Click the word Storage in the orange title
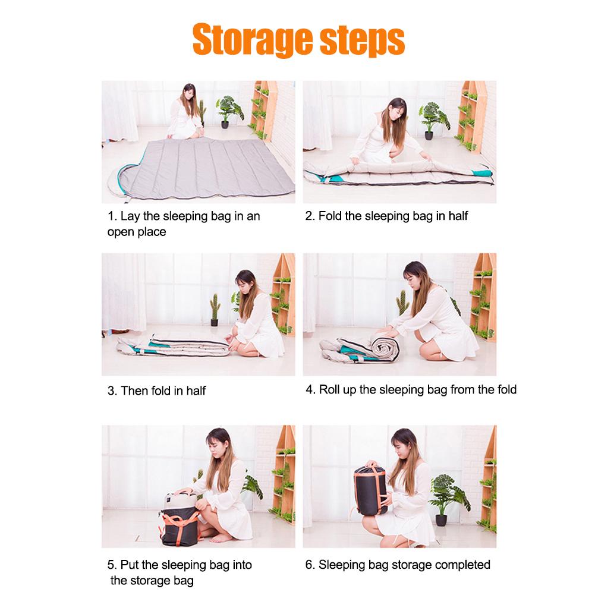253,40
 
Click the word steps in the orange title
363,40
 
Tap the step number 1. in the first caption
112,216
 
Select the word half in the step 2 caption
458,216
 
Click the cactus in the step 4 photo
402,303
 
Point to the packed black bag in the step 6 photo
370,490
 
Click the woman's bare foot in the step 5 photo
221,539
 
